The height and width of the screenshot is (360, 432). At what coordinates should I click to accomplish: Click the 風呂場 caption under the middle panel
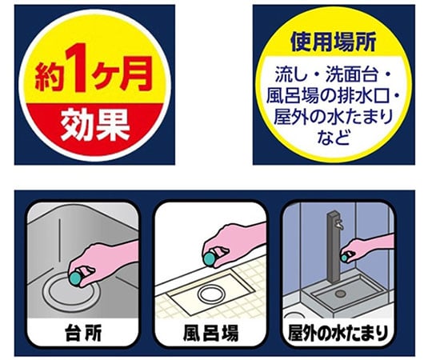pos(210,330)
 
